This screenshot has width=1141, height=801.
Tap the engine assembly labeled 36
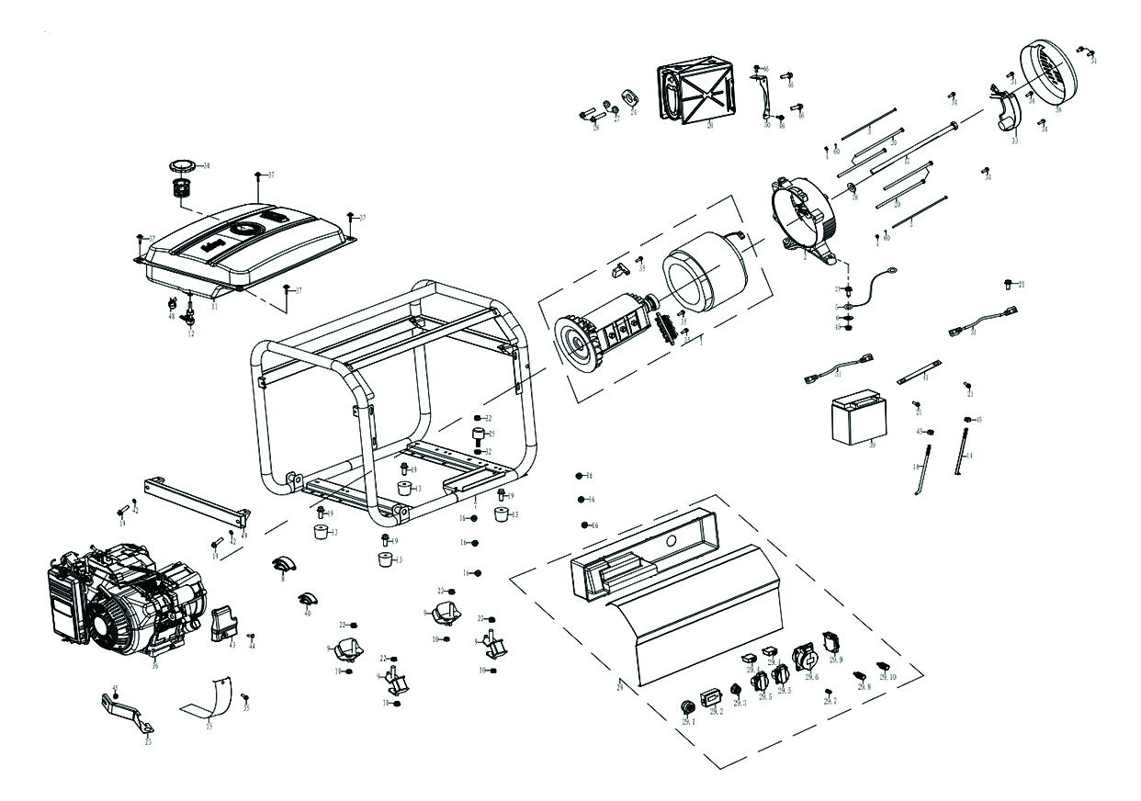click(124, 602)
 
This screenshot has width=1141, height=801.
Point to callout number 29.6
click(810, 677)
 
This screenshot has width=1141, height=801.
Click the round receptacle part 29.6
click(803, 658)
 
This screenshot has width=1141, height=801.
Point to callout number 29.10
click(887, 677)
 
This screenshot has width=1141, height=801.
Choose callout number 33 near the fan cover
click(1014, 141)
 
